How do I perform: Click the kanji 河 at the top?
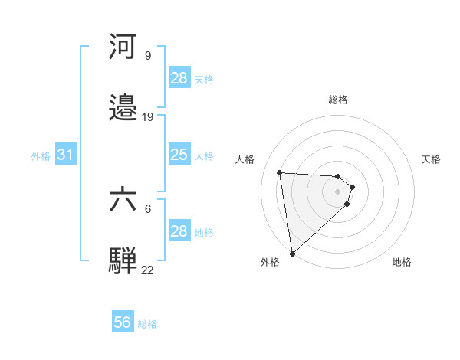point(123,47)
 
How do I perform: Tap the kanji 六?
point(123,200)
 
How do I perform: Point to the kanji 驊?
point(123,261)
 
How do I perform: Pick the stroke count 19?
point(148,117)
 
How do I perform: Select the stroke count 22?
point(148,270)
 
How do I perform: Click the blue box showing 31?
point(66,155)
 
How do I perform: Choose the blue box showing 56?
point(123,323)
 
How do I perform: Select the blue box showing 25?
point(179,155)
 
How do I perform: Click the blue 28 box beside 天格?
point(179,78)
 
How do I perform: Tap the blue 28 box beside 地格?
point(179,231)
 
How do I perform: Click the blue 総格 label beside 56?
point(147,324)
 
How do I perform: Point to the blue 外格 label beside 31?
point(41,155)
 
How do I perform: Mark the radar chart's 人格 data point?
point(280,172)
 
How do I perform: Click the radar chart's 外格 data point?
point(292,253)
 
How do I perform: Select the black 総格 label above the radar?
point(338,100)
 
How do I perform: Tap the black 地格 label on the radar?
point(402,262)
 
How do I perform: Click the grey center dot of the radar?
point(338,191)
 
